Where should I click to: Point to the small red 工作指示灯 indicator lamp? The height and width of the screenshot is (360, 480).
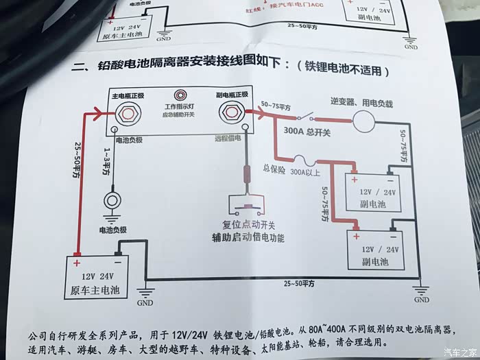180,95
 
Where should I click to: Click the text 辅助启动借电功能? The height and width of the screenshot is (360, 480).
248,239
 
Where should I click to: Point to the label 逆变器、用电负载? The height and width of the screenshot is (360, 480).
361,104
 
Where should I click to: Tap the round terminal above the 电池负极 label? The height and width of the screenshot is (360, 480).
112,201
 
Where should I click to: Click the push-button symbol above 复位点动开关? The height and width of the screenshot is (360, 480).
248,204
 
